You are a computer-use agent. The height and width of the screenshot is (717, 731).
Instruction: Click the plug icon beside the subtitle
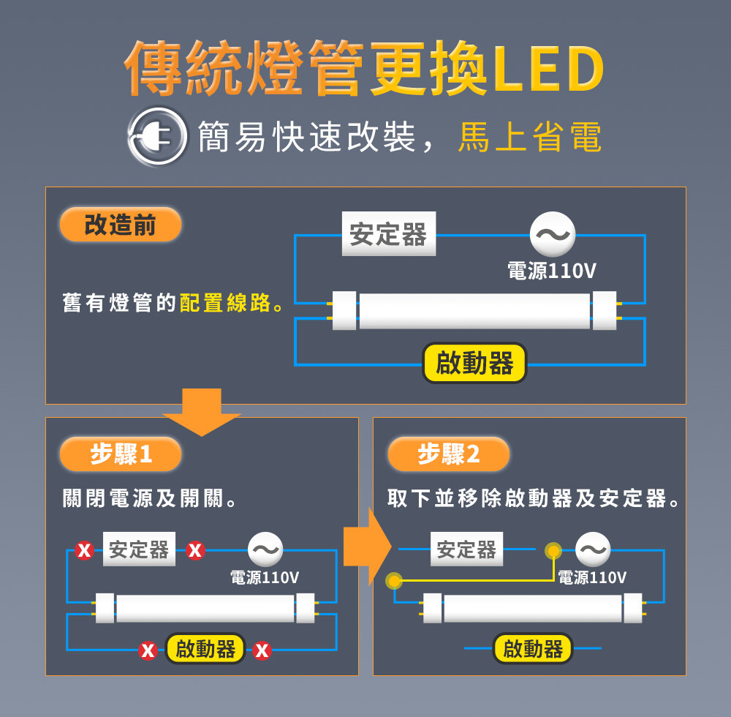(158, 136)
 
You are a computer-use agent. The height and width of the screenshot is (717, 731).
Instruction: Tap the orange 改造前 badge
(121, 225)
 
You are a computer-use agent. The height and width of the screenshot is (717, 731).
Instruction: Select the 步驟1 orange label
(121, 454)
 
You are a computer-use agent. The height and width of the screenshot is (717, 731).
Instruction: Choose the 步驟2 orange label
(449, 454)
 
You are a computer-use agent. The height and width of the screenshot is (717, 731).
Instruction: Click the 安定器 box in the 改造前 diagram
(389, 233)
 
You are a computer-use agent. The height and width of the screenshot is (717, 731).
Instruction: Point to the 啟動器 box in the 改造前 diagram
(474, 363)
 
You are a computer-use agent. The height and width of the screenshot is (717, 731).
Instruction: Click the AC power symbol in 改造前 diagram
(553, 234)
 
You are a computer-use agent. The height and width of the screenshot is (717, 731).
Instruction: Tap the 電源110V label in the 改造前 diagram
(551, 271)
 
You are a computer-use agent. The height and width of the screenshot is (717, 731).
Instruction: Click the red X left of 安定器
(84, 550)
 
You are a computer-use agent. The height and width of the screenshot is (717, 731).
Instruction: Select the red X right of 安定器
(195, 550)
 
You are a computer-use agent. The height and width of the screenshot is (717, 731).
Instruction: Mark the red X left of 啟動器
(148, 650)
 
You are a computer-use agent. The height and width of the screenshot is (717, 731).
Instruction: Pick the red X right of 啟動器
(262, 650)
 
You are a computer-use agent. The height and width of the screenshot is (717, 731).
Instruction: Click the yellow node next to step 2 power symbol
(553, 551)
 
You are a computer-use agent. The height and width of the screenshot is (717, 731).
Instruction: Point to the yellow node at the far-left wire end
(395, 581)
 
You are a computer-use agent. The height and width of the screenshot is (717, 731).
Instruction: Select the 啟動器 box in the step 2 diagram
(533, 648)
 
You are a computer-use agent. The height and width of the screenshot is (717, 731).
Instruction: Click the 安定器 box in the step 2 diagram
(466, 549)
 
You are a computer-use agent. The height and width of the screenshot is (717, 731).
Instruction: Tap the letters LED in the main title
(549, 69)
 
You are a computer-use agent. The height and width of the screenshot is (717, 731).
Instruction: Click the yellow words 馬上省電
(530, 137)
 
